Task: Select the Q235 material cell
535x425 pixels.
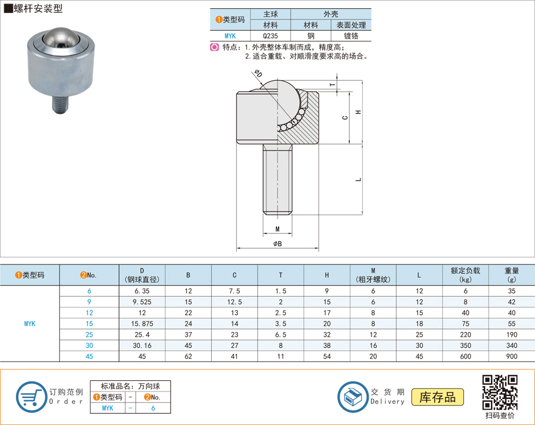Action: (270, 35)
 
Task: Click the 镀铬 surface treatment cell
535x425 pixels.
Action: (351, 35)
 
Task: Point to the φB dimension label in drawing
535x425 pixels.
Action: (277, 243)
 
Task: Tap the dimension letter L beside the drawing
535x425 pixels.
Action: (359, 179)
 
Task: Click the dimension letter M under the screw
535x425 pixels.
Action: (277, 228)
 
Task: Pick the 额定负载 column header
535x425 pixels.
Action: (466, 275)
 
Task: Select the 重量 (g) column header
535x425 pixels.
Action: (511, 275)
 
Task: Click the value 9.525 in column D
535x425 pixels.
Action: (142, 302)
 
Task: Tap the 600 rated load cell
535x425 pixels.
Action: (466, 356)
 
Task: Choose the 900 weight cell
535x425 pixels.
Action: (511, 356)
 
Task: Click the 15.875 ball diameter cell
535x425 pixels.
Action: (142, 323)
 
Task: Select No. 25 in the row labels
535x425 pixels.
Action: (89, 334)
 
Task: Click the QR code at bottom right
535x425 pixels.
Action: (500, 392)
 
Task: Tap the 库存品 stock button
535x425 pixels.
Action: (437, 397)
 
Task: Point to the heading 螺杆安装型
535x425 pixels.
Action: (38, 9)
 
